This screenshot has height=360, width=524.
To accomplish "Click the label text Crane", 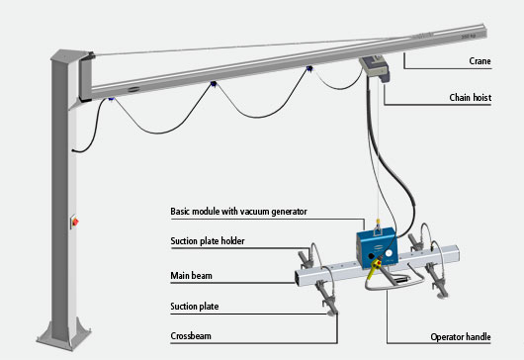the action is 480,61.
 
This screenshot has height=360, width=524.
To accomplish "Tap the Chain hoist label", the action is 470,98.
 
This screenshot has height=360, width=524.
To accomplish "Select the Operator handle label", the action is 460,337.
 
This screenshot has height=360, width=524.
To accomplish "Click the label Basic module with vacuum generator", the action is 238,212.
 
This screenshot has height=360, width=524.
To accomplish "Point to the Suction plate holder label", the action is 208,241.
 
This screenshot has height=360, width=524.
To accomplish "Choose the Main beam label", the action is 191,276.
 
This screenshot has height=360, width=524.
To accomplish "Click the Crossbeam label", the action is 191,336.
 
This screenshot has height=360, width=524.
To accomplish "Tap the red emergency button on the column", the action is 75,222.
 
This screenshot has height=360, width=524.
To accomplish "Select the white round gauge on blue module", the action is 389,253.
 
